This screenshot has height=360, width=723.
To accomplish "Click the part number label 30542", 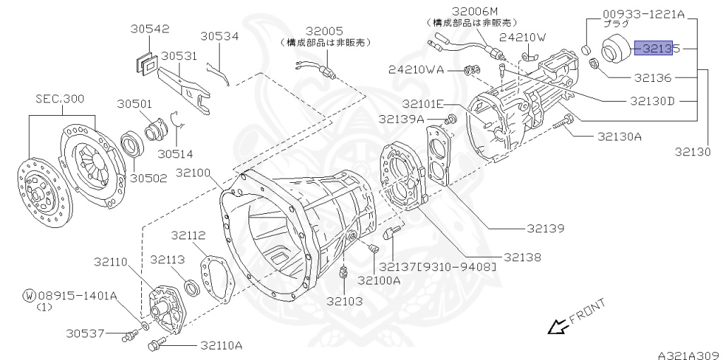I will pos(149,29).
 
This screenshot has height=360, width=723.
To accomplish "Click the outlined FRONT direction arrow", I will pos(558,326).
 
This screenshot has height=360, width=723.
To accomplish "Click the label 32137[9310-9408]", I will pos(437,267).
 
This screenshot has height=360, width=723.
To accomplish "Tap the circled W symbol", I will pos(28,296).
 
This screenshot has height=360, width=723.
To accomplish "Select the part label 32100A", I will pos(378,280).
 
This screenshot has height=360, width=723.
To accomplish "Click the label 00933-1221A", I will pos(645,13).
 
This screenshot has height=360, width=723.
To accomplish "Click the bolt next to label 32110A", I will pos(155,345).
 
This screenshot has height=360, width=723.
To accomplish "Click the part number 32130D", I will pos(643,101).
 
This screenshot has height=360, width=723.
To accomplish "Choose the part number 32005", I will pos(324,31).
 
